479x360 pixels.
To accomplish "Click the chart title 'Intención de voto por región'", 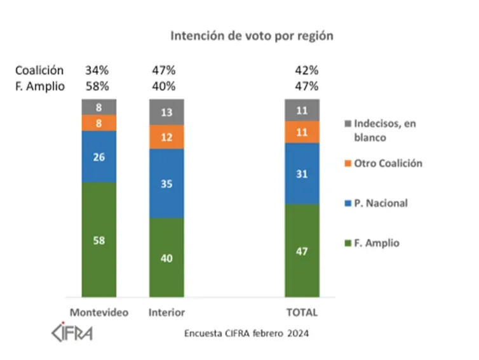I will point(252,36).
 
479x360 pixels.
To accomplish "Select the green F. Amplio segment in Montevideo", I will point(98,239).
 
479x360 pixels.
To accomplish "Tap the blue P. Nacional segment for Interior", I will point(166,183).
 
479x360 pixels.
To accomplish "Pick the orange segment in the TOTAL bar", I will point(302,131).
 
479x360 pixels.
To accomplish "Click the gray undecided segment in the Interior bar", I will point(166,112).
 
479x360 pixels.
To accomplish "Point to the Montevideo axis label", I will point(98,312).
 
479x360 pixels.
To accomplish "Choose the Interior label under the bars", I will point(166,312).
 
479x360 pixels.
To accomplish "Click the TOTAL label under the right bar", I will point(302,312).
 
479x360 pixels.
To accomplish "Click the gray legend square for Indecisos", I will point(347,123).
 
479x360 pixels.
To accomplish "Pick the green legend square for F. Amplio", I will point(347,243).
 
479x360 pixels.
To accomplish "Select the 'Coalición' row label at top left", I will point(40,70).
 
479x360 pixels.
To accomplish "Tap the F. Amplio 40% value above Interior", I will point(164,86).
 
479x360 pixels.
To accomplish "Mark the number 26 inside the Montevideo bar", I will point(98,157).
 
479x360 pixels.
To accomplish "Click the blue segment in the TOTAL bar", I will point(302,173).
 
